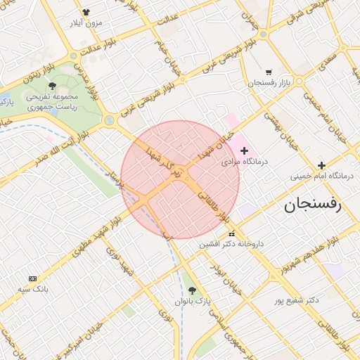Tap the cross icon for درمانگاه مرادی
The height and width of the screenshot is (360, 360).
pyautogui.click(x=245, y=150)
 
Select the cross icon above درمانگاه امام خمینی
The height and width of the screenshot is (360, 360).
pyautogui.click(x=322, y=165)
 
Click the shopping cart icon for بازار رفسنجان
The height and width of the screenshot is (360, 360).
pyautogui.click(x=269, y=72)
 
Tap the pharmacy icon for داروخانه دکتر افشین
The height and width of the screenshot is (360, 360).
pyautogui.click(x=231, y=233)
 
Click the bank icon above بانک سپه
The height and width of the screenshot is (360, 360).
pyautogui.click(x=33, y=278)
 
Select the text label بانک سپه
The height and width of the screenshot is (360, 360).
pyautogui.click(x=33, y=289)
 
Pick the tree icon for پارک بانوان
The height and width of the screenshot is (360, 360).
pyautogui.click(x=193, y=290)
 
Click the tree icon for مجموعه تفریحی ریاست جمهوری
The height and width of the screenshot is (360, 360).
pyautogui.click(x=52, y=86)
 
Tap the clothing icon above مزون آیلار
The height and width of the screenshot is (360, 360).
pyautogui.click(x=86, y=12)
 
